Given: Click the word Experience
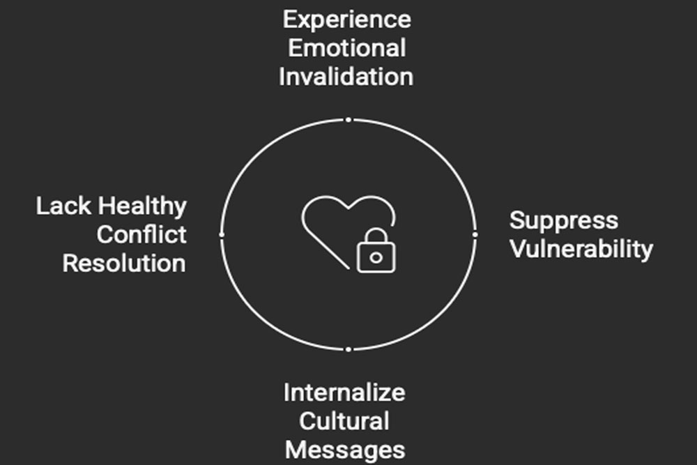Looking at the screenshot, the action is pyautogui.click(x=346, y=20).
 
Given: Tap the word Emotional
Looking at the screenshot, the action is pyautogui.click(x=346, y=48).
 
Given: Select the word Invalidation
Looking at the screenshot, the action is pyautogui.click(x=346, y=77).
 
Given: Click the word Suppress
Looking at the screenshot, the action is pyautogui.click(x=564, y=221).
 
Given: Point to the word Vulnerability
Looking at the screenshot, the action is pyautogui.click(x=581, y=249).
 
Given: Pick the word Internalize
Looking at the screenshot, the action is pyautogui.click(x=344, y=392).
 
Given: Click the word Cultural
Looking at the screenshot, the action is pyautogui.click(x=344, y=421).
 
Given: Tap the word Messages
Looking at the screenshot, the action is pyautogui.click(x=345, y=450).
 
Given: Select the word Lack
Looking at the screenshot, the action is pyautogui.click(x=63, y=206).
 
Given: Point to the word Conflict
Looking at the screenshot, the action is pyautogui.click(x=141, y=234).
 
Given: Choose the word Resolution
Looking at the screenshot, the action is pyautogui.click(x=124, y=263).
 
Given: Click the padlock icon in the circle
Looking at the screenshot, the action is pyautogui.click(x=376, y=250).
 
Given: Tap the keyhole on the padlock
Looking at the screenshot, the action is pyautogui.click(x=376, y=258).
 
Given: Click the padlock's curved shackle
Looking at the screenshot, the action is pyautogui.click(x=376, y=236).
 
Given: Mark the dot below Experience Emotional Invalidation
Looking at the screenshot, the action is pyautogui.click(x=348, y=120).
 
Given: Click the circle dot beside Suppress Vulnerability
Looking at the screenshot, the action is pyautogui.click(x=475, y=234).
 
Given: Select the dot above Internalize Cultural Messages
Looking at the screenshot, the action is pyautogui.click(x=348, y=349).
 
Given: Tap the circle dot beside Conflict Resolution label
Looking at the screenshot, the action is pyautogui.click(x=222, y=234).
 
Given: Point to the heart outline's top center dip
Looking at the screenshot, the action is pyautogui.click(x=348, y=208).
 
